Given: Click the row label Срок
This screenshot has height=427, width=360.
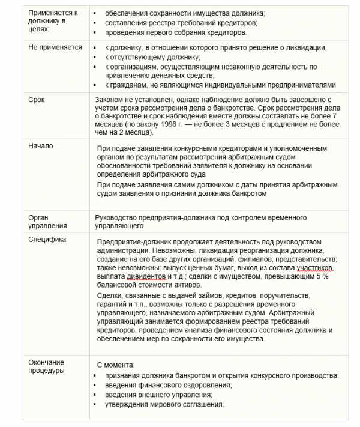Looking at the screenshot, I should coord(37,99).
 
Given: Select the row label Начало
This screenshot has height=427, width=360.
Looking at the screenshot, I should coord(40,146).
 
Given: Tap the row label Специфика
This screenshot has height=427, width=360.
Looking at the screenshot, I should coord(47,239).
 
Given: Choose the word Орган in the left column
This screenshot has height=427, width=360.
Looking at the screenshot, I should coord(38,217).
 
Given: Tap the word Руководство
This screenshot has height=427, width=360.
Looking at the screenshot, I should coord(118,217).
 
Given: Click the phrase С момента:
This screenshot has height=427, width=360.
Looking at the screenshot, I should coord(116,365).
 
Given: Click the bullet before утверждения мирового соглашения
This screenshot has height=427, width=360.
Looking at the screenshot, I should coord(98,405).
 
